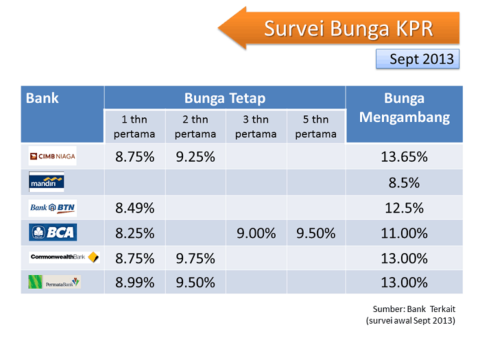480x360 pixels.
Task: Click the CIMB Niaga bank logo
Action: [52, 156]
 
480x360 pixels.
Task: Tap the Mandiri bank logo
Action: [47, 182]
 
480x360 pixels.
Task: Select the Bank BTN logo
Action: [52, 207]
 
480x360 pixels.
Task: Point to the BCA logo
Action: [53, 232]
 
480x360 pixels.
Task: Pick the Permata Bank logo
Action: [54, 282]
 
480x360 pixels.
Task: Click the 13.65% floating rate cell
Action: [404, 156]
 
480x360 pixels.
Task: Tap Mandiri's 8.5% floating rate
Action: [404, 182]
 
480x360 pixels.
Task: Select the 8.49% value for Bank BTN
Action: [134, 208]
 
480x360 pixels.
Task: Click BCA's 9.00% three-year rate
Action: [256, 233]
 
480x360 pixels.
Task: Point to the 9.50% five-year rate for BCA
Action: [316, 233]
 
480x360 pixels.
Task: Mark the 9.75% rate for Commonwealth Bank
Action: [195, 259]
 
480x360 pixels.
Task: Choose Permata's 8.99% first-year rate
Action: [134, 283]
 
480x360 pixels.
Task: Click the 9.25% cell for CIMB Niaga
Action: [195, 156]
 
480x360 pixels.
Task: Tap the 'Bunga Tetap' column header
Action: [225, 98]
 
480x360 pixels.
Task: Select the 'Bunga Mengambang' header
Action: [404, 108]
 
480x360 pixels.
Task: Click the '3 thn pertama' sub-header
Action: [256, 126]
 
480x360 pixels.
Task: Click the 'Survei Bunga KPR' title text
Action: [349, 29]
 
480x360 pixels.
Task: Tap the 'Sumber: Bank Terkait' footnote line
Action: [415, 309]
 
